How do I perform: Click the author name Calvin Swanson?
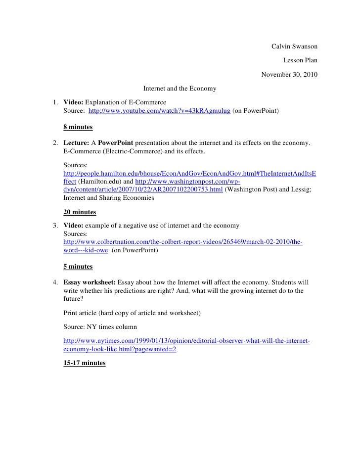(x=294, y=47)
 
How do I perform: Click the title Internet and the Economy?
(x=180, y=89)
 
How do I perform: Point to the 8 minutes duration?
(x=78, y=127)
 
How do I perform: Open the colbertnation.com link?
(x=183, y=242)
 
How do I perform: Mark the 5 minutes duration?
(x=78, y=266)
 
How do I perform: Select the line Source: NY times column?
(x=104, y=327)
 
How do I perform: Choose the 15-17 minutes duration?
(x=85, y=363)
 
